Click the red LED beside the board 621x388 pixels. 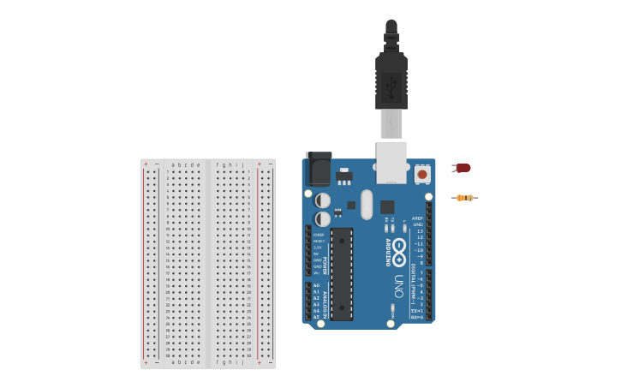463,168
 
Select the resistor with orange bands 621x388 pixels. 464,198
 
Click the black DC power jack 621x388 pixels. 319,169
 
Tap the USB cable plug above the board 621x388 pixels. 391,81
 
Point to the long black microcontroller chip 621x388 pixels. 342,273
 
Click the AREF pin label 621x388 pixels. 417,218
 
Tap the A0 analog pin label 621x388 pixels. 316,285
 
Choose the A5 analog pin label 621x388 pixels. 316,317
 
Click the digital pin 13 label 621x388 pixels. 419,231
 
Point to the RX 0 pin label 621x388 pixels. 416,317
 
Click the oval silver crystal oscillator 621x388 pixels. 367,205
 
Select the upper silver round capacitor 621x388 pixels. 323,200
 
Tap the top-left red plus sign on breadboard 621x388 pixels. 146,164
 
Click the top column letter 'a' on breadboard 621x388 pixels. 174,164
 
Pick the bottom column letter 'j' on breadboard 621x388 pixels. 242,362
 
